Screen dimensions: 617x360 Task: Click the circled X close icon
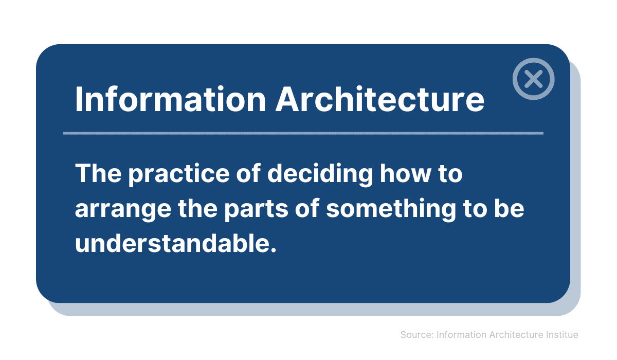coord(534,79)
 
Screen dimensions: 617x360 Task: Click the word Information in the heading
coord(171,99)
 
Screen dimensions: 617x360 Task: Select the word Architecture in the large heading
coord(380,99)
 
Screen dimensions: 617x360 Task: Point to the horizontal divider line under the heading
coord(303,133)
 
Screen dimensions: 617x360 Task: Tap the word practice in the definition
coord(179,174)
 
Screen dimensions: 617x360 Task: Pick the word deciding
coord(320,174)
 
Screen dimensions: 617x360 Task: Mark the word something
coord(391,208)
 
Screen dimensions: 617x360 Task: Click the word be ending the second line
coord(509,208)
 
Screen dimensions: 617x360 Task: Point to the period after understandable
coord(273,250)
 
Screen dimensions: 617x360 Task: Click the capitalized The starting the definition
coord(98,173)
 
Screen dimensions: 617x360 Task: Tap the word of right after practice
coord(248,173)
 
